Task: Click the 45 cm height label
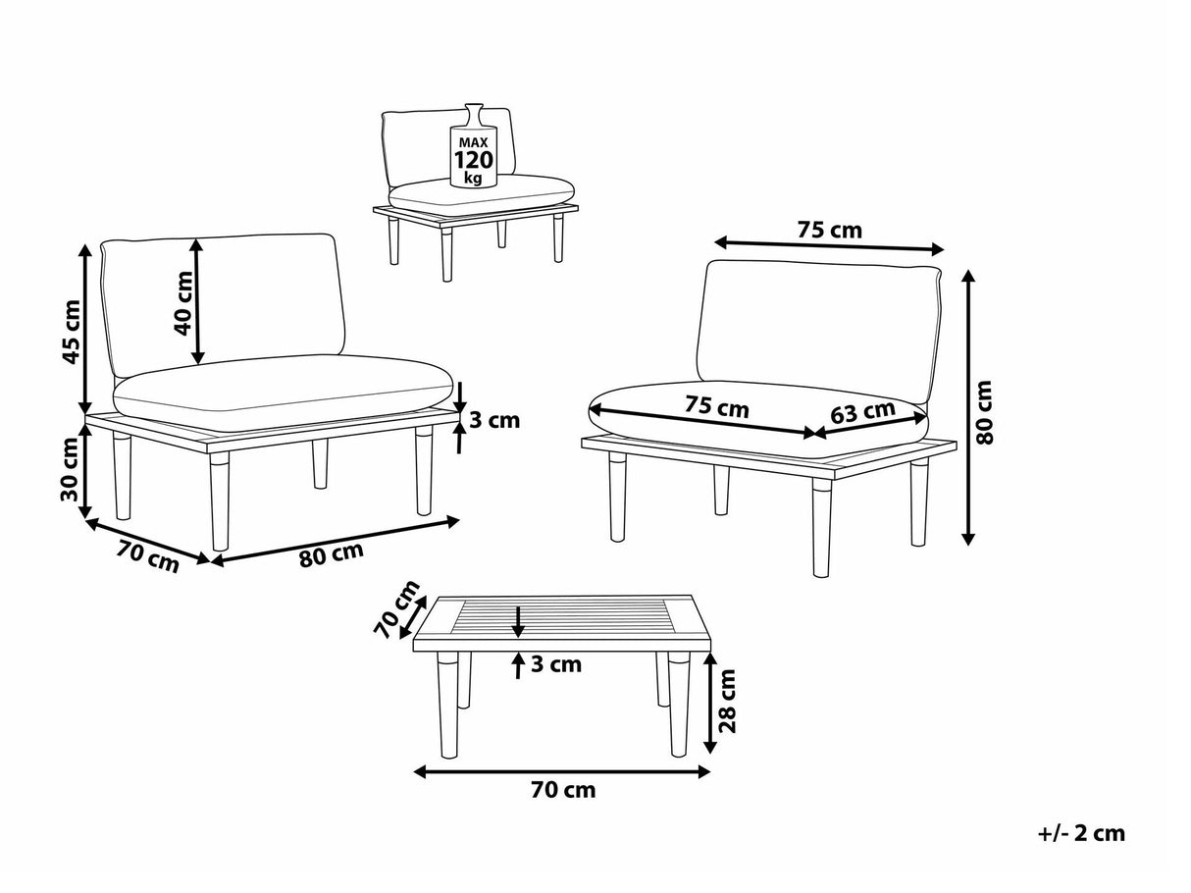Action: pyautogui.click(x=72, y=332)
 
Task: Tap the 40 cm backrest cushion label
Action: pyautogui.click(x=183, y=303)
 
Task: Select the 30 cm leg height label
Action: pyautogui.click(x=71, y=469)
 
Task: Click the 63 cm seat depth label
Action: pyautogui.click(x=862, y=412)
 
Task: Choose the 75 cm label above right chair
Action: pyautogui.click(x=830, y=230)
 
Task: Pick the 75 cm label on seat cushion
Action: pyautogui.click(x=717, y=406)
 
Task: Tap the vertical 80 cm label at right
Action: pyautogui.click(x=984, y=412)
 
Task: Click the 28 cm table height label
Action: pyautogui.click(x=727, y=701)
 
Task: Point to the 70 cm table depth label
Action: pyautogui.click(x=396, y=609)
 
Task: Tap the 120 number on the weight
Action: pyautogui.click(x=474, y=160)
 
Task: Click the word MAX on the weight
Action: pyautogui.click(x=473, y=142)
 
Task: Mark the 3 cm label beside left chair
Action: pyautogui.click(x=494, y=420)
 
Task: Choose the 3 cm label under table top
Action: pyautogui.click(x=556, y=664)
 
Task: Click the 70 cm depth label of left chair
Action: pyautogui.click(x=147, y=556)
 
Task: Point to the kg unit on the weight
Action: pyautogui.click(x=473, y=178)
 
